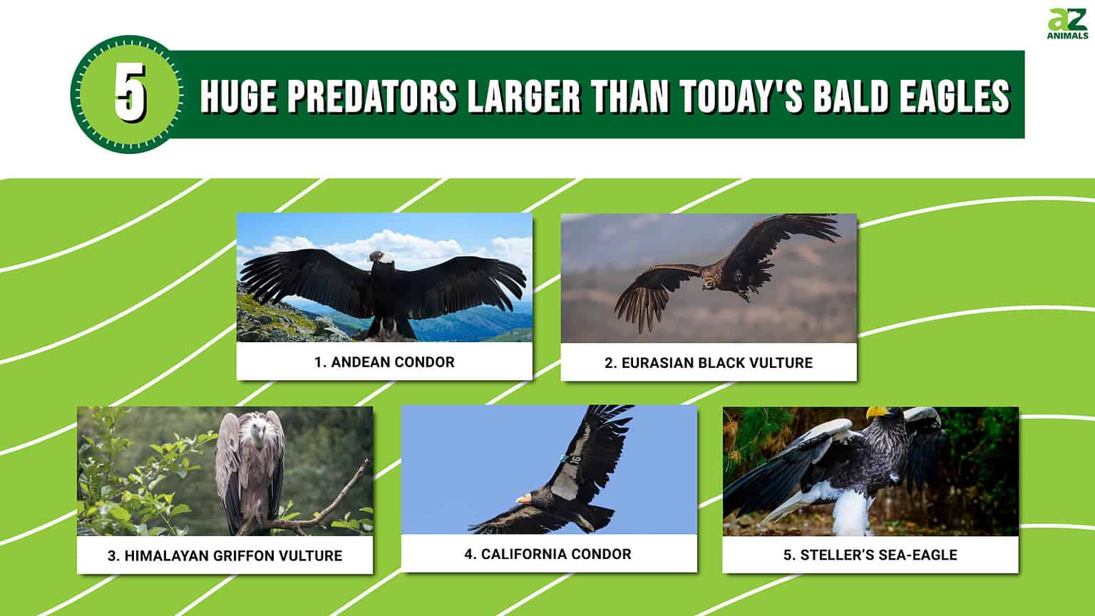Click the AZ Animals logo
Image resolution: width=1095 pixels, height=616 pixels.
click(x=1067, y=24)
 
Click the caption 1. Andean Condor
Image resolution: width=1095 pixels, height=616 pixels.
click(x=384, y=362)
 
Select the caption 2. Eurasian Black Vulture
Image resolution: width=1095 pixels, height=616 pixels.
click(x=708, y=363)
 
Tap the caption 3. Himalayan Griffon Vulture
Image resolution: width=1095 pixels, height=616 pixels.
click(x=225, y=555)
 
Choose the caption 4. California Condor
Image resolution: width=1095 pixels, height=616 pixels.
click(x=548, y=554)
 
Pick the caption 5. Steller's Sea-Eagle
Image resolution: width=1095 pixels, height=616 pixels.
click(x=870, y=555)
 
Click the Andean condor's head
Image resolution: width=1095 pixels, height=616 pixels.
click(x=376, y=257)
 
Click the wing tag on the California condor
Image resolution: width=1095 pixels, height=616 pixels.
click(x=574, y=460)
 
